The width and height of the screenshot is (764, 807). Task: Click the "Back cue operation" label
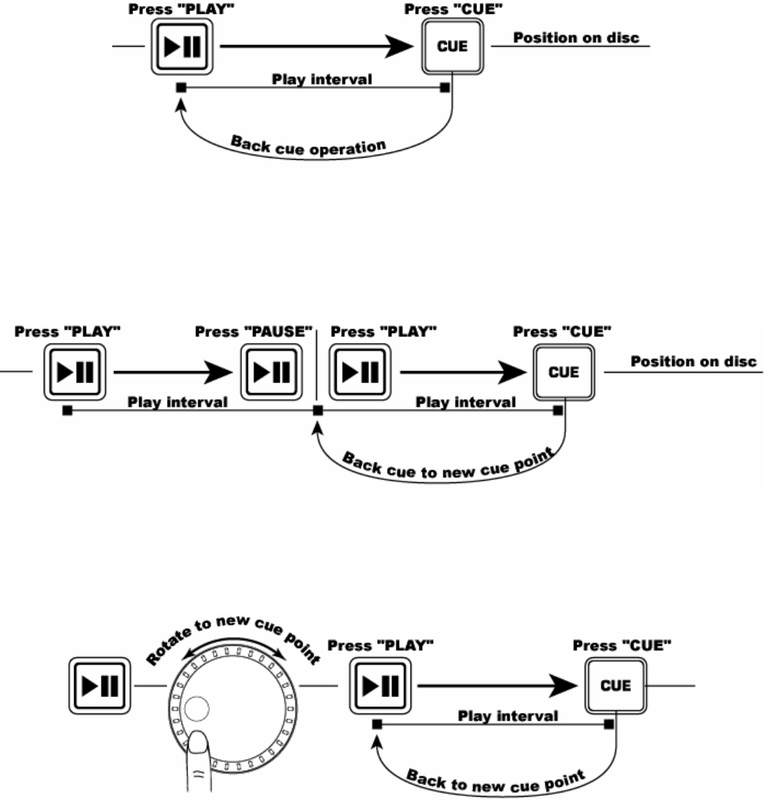pos(307,145)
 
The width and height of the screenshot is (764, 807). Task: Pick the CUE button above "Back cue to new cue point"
pos(565,371)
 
